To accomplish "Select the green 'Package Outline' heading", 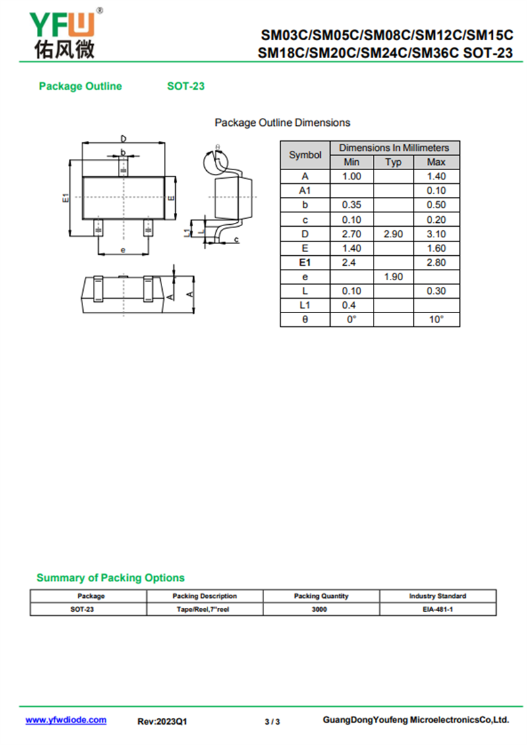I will (80, 86).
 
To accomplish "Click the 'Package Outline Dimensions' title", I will (282, 123).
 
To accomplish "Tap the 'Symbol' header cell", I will (305, 155).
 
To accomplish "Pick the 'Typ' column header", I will (393, 162).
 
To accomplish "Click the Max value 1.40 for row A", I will (436, 177).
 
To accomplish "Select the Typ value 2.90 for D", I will (393, 234).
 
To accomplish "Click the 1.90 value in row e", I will (393, 277).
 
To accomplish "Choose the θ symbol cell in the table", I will (305, 320).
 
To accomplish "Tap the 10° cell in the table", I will (436, 320).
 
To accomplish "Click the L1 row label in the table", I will (305, 305).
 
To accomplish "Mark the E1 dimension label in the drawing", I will (65, 197).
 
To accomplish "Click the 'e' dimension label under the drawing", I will (123, 250).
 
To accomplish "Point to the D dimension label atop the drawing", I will (123, 138).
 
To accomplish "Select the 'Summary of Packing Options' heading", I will (110, 578).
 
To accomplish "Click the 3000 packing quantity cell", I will (321, 610).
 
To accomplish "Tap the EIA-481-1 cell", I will (437, 610).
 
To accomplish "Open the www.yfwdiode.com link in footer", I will (66, 721).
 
